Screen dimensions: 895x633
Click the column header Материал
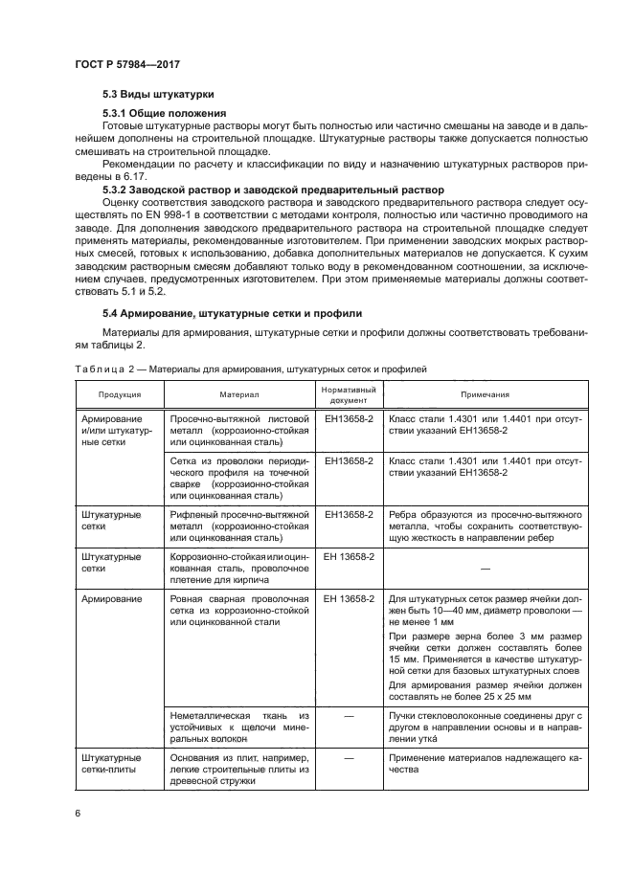238,394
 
